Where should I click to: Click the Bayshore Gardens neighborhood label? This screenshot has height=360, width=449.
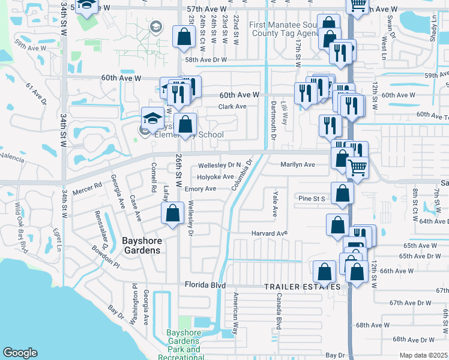[141, 245]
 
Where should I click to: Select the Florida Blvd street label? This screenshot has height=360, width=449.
[205, 285]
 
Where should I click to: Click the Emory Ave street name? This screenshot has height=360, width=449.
[200, 189]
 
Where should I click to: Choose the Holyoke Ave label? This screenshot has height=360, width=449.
[216, 177]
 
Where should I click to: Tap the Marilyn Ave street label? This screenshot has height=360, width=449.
[297, 164]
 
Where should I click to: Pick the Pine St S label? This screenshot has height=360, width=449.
[312, 198]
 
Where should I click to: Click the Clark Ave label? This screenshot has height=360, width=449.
[232, 107]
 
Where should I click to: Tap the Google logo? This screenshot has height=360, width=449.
[20, 353]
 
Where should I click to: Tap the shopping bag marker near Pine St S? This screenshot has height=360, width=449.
[342, 193]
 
